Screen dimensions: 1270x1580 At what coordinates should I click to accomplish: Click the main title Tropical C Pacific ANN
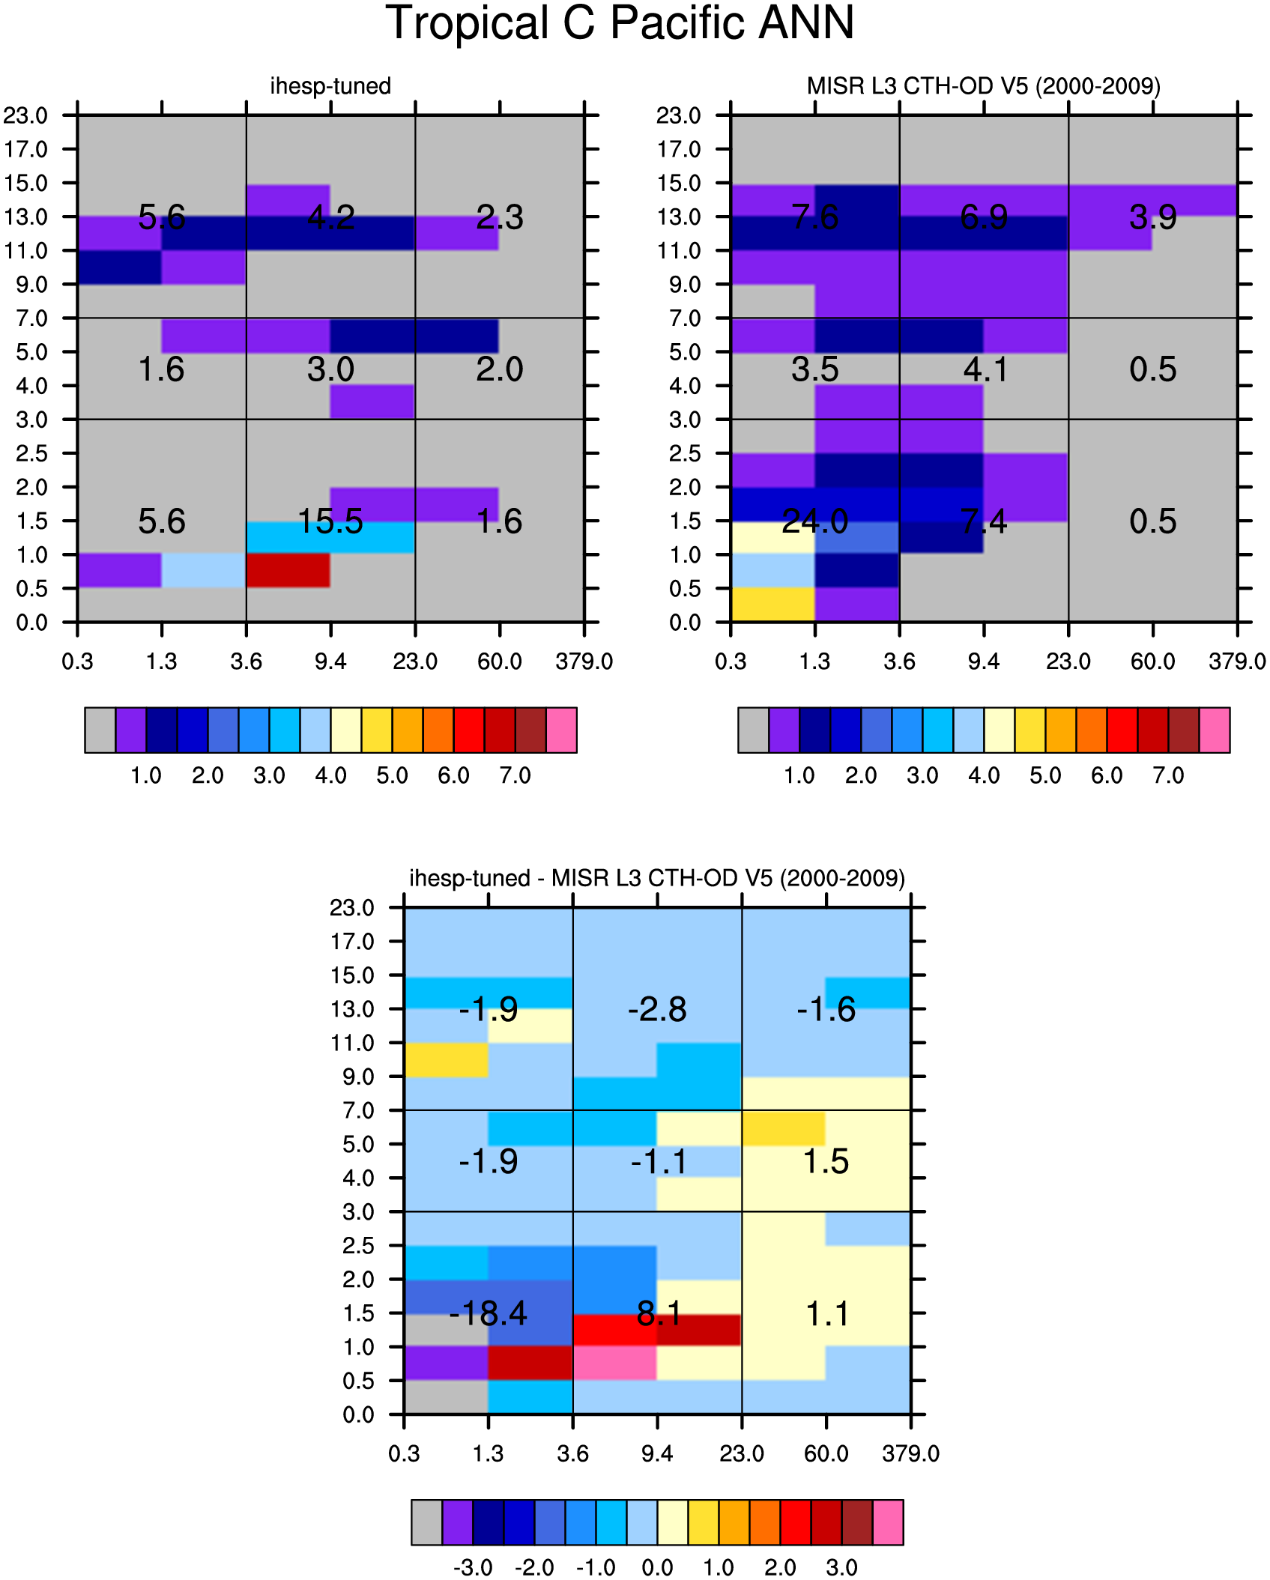click(620, 22)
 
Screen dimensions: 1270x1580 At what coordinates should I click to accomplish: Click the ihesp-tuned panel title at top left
click(330, 86)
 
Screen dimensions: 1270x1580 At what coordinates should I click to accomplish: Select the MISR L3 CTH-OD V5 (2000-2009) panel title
click(984, 86)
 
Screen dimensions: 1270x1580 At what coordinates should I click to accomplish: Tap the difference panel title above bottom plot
click(657, 878)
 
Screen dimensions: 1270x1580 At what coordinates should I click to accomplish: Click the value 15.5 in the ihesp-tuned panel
click(330, 521)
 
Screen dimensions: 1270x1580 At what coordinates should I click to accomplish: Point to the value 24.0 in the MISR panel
click(815, 521)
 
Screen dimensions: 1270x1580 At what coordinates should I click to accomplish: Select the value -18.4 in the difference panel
click(488, 1313)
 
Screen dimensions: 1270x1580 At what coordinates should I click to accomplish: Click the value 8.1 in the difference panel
click(659, 1313)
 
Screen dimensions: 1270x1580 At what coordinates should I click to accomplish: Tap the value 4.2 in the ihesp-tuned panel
click(331, 217)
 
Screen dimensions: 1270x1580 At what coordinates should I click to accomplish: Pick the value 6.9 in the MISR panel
click(984, 217)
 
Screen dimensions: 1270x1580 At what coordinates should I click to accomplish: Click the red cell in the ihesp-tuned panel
click(288, 571)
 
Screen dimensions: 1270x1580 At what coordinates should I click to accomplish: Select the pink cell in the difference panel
click(615, 1363)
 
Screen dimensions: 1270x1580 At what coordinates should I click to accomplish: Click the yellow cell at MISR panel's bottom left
click(772, 605)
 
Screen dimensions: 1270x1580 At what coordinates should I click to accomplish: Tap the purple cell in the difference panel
click(447, 1363)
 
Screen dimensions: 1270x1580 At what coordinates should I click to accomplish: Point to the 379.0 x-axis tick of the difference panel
click(910, 1454)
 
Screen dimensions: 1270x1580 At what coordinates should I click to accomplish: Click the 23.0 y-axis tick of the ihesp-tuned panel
click(25, 115)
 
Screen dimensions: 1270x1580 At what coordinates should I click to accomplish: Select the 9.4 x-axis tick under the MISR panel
click(984, 662)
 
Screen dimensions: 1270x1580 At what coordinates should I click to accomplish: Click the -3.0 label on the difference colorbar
click(473, 1567)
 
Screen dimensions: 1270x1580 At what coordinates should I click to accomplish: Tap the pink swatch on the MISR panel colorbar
click(1215, 730)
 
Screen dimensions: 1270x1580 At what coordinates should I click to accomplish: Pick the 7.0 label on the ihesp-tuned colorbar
click(515, 775)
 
